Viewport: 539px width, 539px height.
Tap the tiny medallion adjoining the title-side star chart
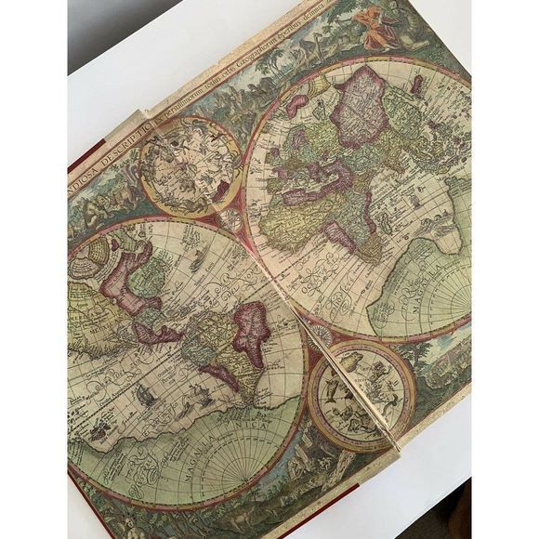click(230, 221)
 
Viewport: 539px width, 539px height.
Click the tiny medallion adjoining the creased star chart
click(321, 335)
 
